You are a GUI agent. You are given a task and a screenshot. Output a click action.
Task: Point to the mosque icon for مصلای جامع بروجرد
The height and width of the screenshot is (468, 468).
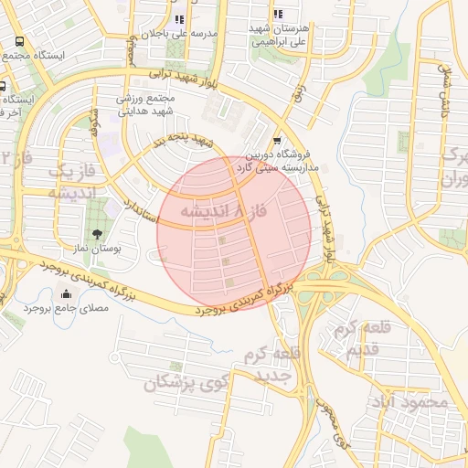(x=66, y=293)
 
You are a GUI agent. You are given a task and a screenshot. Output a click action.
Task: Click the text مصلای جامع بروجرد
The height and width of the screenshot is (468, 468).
(x=66, y=309)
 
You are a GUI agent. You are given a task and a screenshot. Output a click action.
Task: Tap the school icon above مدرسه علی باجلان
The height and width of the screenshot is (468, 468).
(x=179, y=19)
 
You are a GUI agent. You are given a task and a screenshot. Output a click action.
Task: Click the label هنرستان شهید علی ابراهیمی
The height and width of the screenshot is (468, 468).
(x=279, y=35)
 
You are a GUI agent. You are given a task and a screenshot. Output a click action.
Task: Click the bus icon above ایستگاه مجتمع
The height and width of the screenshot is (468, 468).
(x=19, y=42)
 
